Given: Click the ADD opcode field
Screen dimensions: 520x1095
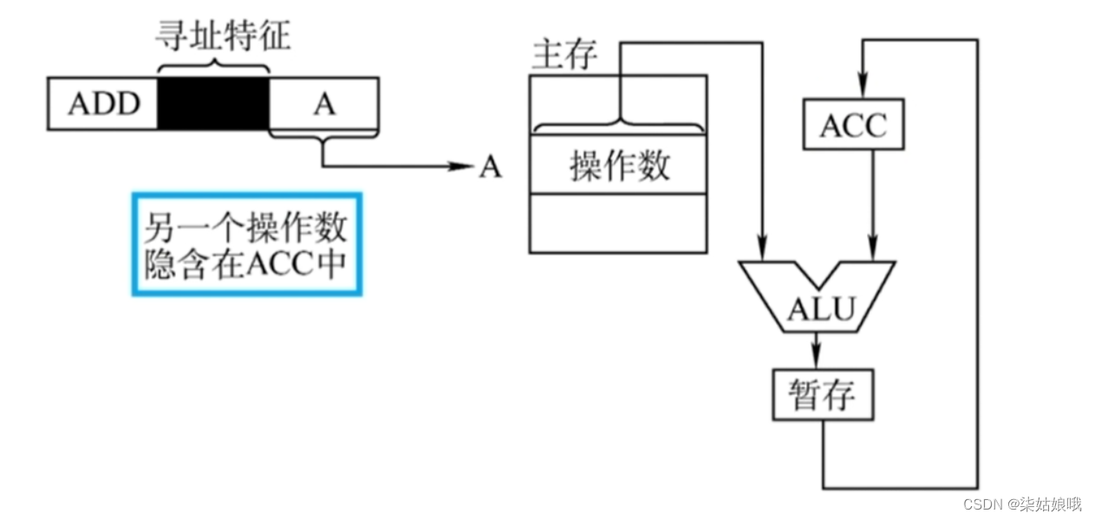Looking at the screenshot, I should pyautogui.click(x=103, y=104).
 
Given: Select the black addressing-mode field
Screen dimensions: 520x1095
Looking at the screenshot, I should pyautogui.click(x=213, y=104).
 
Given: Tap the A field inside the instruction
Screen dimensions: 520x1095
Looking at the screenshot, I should pyautogui.click(x=324, y=104).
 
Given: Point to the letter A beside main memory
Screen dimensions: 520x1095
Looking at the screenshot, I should pyautogui.click(x=491, y=167).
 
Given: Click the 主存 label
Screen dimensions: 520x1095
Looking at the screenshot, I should pyautogui.click(x=564, y=55).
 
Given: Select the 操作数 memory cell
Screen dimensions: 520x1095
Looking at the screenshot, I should pyautogui.click(x=618, y=165).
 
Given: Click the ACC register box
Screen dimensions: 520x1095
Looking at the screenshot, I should pyautogui.click(x=854, y=126).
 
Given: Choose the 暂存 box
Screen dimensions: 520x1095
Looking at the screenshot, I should pyautogui.click(x=822, y=395).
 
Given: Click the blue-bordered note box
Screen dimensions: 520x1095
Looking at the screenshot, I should pyautogui.click(x=246, y=244).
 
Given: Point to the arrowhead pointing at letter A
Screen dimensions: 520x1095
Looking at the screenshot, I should pyautogui.click(x=460, y=166).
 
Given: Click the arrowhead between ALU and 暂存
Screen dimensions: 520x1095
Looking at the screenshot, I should pyautogui.click(x=815, y=358).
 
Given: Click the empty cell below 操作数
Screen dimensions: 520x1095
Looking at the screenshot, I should pyautogui.click(x=618, y=223).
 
